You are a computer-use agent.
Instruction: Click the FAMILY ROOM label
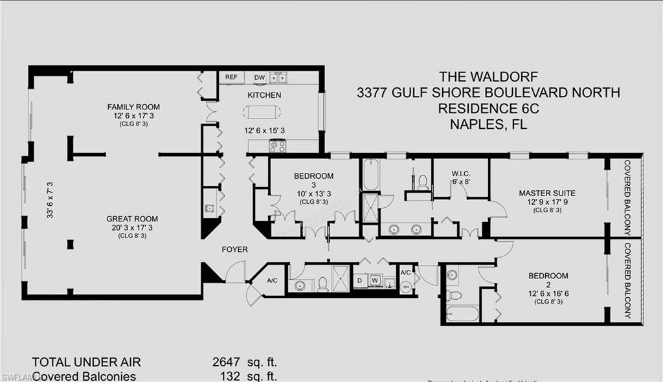pos(133,107)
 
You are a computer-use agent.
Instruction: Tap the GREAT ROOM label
pos(132,219)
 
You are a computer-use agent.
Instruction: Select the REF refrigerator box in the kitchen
pos(230,77)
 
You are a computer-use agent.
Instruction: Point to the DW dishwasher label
pos(259,77)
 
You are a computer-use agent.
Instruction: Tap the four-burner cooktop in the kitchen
pos(277,146)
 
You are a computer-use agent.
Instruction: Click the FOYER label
pos(234,249)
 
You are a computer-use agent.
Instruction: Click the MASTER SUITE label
pos(546,193)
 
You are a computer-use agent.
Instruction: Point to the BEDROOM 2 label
pos(548,276)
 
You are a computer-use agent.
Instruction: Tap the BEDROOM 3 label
pos(313,176)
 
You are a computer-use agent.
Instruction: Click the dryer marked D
pos(360,280)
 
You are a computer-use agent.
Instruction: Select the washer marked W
pos(376,280)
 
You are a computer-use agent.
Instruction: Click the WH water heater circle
pos(406,287)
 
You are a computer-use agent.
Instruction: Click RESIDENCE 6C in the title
pos(488,109)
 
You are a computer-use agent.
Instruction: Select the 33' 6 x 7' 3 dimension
pos(49,199)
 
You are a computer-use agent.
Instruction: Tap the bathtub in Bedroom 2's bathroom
pos(462,314)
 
